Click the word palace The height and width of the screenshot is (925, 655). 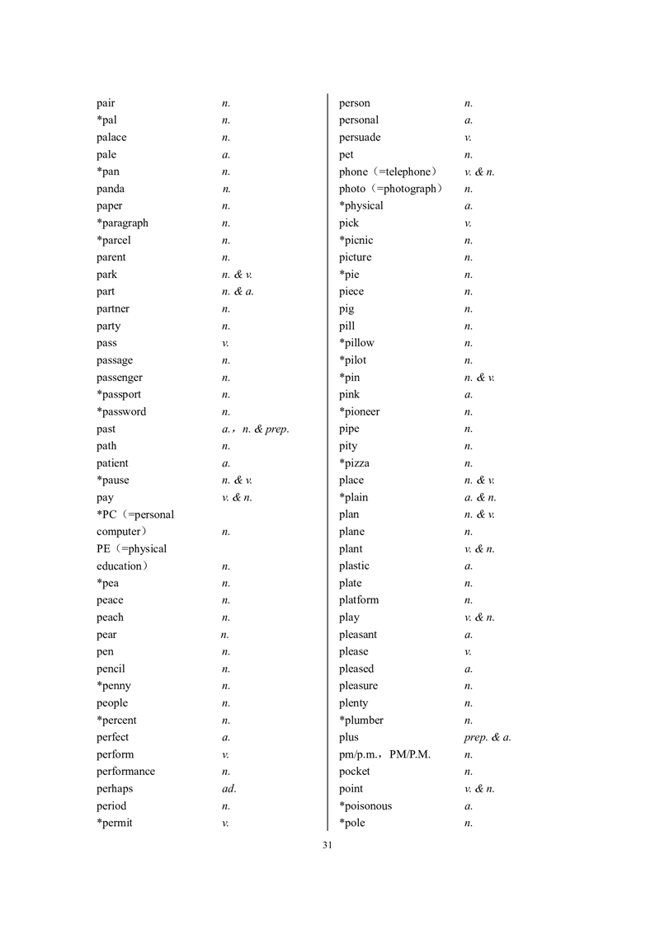(111, 138)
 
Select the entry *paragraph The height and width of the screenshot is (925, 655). (122, 223)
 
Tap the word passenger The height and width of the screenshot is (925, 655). (119, 378)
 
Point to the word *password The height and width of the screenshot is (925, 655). (121, 412)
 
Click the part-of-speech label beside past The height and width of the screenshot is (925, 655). (255, 430)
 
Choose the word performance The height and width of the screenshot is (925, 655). (125, 772)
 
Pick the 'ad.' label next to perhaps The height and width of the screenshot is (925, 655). (229, 789)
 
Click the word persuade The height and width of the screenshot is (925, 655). (360, 138)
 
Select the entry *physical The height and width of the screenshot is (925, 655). (360, 206)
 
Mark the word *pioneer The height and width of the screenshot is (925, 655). (359, 412)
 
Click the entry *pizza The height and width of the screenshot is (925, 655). (354, 463)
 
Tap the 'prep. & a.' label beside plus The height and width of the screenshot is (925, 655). (488, 738)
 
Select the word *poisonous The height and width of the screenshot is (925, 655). (365, 806)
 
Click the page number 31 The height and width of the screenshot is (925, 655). (327, 845)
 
